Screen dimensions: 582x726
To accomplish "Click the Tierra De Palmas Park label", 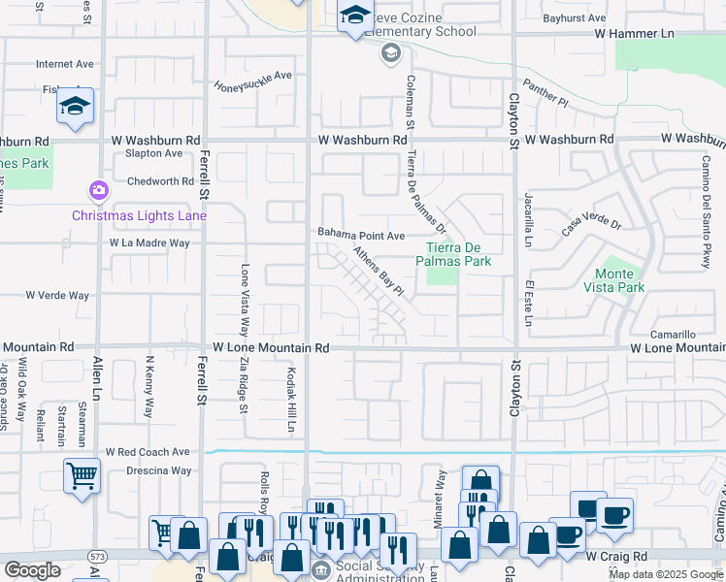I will point(453,254).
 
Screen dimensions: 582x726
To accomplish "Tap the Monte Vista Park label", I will point(619,280).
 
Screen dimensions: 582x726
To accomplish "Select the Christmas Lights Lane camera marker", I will point(97,190).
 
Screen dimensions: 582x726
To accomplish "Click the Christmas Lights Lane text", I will point(139,214).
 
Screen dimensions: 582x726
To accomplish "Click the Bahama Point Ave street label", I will point(361,235).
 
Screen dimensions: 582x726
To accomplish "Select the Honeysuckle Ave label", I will point(253,79).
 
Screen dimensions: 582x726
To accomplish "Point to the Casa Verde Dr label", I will point(590,226).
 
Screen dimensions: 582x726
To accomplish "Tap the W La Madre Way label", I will point(149,242).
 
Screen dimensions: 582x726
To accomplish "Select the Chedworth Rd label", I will point(160,181).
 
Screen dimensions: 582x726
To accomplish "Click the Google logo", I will point(32,570).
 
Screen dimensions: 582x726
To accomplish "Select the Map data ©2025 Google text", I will point(665,574).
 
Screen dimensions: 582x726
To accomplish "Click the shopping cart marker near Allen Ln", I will point(82,475).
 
